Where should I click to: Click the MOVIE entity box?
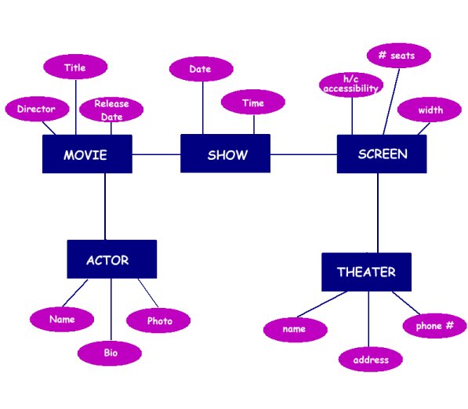coord(86,154)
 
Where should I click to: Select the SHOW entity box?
coord(226,154)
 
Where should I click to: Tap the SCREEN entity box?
coord(382,154)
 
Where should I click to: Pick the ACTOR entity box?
coord(111,259)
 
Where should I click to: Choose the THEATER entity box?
coord(366,272)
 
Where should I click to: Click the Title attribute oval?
coord(75,67)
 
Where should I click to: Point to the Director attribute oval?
coord(36,110)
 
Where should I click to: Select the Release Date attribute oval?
coord(111,110)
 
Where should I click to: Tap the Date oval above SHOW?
coord(201,69)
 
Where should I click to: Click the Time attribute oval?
coord(253,103)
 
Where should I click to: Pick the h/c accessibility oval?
coord(350,85)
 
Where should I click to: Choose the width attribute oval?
coord(430,110)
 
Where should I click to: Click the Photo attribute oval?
coord(159,320)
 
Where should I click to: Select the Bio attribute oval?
coord(110,353)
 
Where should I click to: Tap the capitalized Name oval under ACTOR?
coord(62,319)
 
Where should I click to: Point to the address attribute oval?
coord(371,360)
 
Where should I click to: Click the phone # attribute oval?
coord(434,325)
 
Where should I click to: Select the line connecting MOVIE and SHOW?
coord(156,154)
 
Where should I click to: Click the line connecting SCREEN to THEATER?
coord(378,212)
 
